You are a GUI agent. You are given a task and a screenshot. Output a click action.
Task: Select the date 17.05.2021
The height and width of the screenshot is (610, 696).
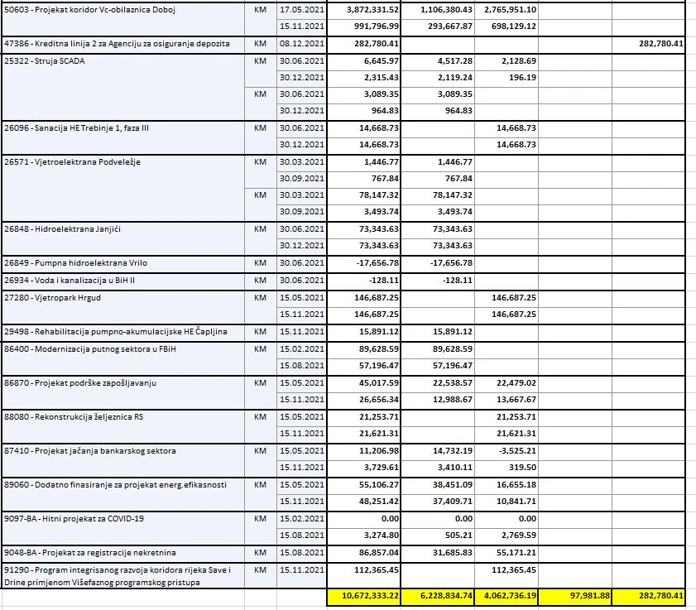point(300,9)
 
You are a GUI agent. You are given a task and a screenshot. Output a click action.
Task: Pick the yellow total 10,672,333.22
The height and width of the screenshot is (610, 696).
point(364,595)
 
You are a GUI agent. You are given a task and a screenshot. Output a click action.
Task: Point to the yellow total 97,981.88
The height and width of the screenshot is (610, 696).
point(587,595)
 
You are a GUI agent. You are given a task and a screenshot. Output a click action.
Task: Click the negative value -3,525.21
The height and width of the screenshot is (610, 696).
point(514,451)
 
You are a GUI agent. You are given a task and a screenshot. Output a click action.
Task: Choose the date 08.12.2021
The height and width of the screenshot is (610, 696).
point(300,42)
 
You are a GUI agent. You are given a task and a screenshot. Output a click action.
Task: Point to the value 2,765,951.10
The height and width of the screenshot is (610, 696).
point(505,9)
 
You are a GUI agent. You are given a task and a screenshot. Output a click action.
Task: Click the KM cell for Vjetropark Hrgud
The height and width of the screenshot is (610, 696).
point(259,297)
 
